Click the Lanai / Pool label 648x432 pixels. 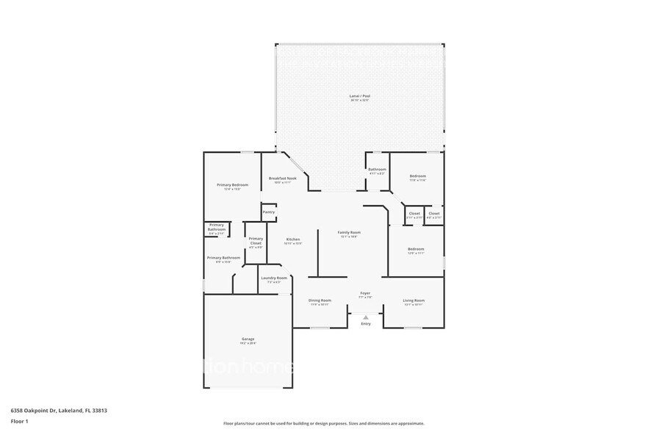pos(359,96)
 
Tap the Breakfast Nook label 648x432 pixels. pos(282,179)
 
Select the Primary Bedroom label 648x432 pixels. pos(232,184)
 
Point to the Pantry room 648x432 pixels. pos(268,212)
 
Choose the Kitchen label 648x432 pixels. pos(293,240)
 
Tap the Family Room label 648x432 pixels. pos(349,232)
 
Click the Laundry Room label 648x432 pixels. pos(273,278)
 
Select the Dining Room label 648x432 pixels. pos(320,300)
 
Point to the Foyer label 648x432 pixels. pos(365,293)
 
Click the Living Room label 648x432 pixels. pos(414,300)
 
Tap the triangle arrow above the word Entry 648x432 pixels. pos(365,317)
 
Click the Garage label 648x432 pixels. pos(248,339)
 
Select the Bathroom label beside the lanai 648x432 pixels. pos(377,169)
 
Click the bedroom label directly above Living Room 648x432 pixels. pos(416,249)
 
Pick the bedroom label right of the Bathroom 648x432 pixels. pos(417,176)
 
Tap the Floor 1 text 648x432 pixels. pos(19,421)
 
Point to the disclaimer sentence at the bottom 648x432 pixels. pos(323,423)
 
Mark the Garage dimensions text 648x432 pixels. pos(248,343)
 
